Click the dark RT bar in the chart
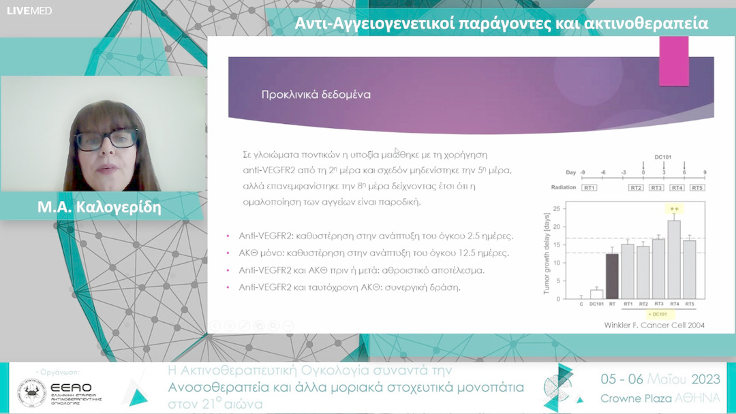click(x=611, y=276)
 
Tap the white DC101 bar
click(x=596, y=294)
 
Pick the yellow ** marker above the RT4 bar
click(x=674, y=209)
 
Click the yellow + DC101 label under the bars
click(x=659, y=314)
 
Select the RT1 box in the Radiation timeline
click(x=589, y=187)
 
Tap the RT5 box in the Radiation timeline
click(x=697, y=187)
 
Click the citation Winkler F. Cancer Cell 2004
click(x=655, y=325)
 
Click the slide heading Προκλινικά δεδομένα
click(x=316, y=95)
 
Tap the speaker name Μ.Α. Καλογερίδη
click(x=99, y=207)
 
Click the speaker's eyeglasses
click(x=105, y=140)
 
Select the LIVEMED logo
click(x=29, y=11)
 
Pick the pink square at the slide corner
click(x=673, y=61)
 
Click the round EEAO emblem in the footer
click(x=32, y=393)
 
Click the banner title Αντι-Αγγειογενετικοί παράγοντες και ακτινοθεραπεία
click(x=502, y=24)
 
